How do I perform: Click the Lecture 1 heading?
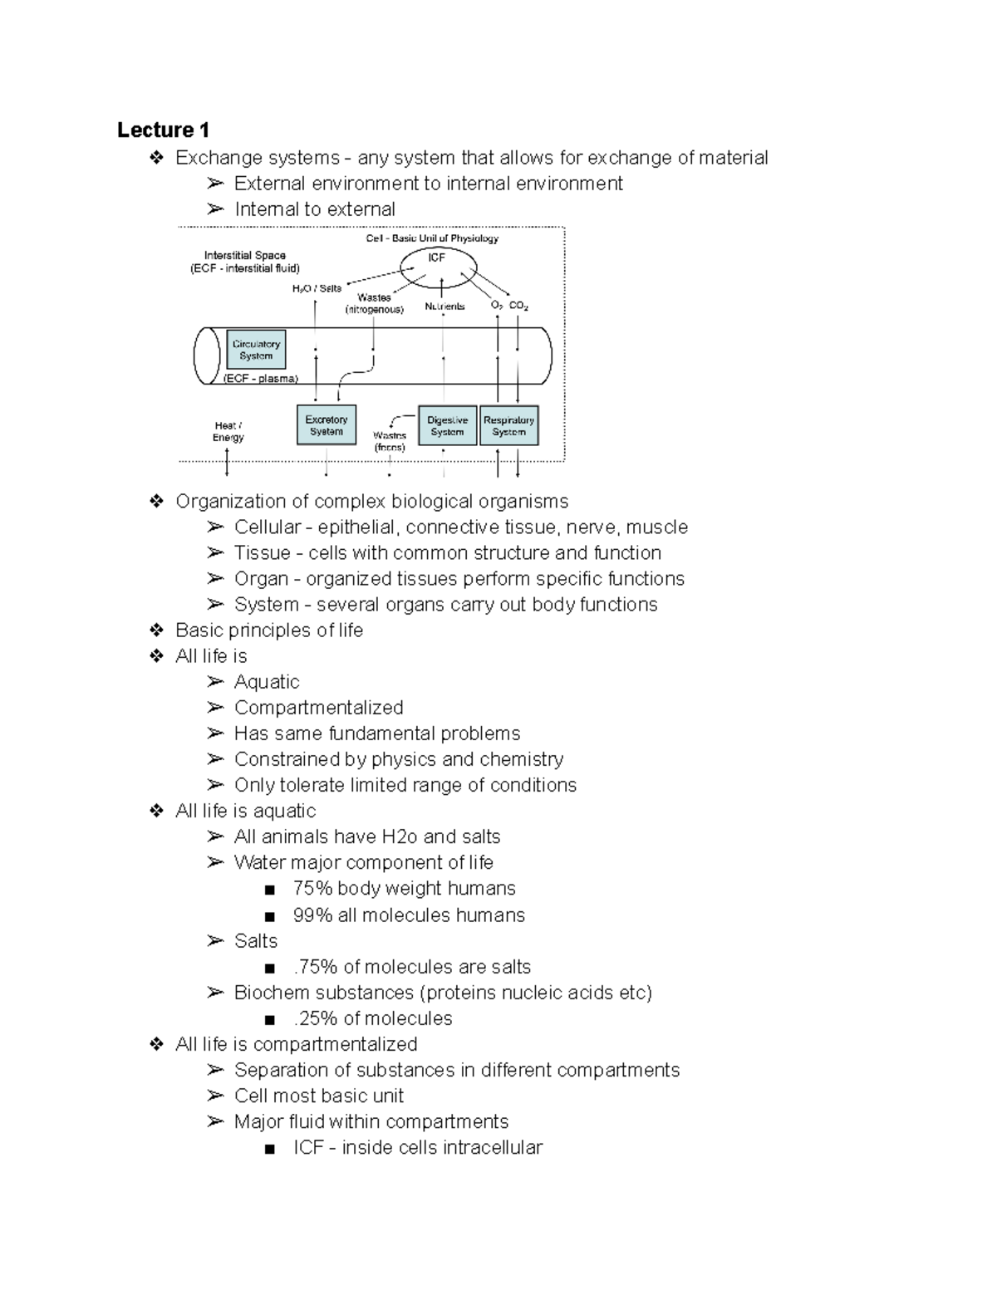click(x=163, y=130)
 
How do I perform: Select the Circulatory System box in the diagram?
click(x=256, y=350)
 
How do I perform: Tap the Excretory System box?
click(x=327, y=425)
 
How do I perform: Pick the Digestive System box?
click(x=447, y=425)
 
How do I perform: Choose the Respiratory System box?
click(x=508, y=425)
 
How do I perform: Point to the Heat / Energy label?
click(x=228, y=431)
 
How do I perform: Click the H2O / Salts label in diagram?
click(x=317, y=288)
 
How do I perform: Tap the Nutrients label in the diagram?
click(x=444, y=307)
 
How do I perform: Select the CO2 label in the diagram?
click(x=518, y=306)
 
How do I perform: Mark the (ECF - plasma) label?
click(x=260, y=379)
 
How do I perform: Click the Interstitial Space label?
click(x=244, y=256)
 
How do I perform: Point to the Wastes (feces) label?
click(x=390, y=441)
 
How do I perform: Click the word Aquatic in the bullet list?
click(x=267, y=682)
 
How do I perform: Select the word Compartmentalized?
click(x=318, y=708)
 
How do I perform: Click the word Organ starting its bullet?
click(x=261, y=579)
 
